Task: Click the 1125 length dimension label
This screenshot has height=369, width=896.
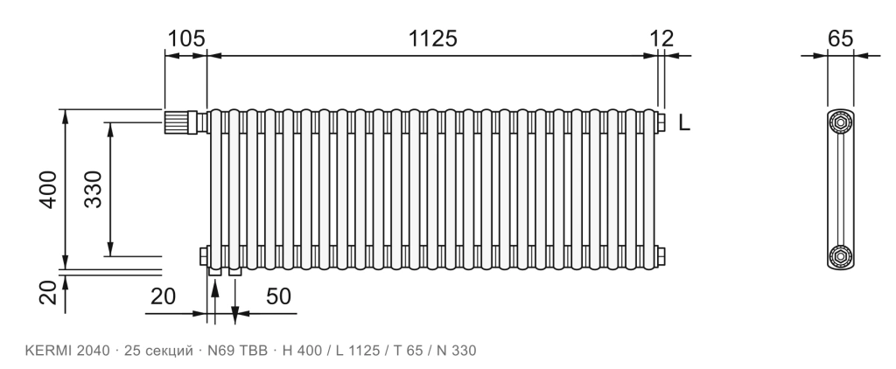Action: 432,38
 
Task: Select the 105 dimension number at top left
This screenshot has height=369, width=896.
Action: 185,38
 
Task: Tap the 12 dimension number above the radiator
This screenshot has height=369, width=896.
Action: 661,38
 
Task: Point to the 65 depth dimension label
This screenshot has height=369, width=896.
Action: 840,38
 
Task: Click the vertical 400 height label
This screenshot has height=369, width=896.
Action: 48,189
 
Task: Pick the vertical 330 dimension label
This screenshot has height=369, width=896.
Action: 93,189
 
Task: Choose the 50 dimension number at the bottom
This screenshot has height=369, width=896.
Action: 278,296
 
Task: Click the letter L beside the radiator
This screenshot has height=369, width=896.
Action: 684,122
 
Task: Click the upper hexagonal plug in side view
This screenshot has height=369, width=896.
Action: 841,122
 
